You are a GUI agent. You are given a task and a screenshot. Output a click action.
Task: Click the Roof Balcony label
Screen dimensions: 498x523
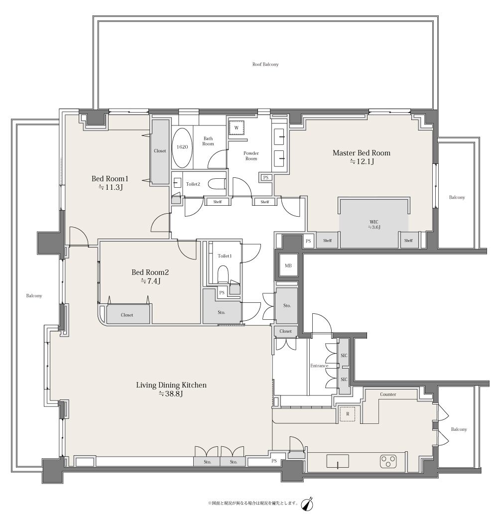pyautogui.click(x=265, y=64)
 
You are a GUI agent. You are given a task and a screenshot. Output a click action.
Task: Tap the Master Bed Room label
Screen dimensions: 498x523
pyautogui.click(x=361, y=153)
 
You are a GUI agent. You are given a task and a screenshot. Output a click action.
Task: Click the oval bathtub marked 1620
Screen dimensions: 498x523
pyautogui.click(x=182, y=148)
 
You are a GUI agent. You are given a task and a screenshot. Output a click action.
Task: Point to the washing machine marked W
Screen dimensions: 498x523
pyautogui.click(x=237, y=128)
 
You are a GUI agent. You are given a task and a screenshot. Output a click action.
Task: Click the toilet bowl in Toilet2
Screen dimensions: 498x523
pyautogui.click(x=217, y=184)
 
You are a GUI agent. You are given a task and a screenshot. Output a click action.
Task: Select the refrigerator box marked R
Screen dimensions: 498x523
pyautogui.click(x=347, y=414)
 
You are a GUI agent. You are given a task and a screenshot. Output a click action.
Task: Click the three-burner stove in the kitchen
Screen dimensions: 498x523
pyautogui.click(x=388, y=462)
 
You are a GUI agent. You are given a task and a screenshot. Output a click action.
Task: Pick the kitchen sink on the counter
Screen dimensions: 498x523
pyautogui.click(x=338, y=462)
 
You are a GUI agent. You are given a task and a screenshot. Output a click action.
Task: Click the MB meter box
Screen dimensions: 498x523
pyautogui.click(x=288, y=265)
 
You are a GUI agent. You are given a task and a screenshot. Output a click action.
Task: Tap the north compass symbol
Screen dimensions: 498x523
pyautogui.click(x=307, y=504)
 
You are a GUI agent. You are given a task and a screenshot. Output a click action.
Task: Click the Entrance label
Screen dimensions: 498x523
pyautogui.click(x=319, y=366)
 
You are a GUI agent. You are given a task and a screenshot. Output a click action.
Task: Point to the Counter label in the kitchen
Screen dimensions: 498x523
pyautogui.click(x=388, y=394)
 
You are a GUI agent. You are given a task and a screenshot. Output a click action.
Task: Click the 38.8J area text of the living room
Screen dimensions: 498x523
pyautogui.click(x=171, y=394)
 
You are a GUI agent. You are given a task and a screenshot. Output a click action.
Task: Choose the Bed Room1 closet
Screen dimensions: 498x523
pyautogui.click(x=160, y=151)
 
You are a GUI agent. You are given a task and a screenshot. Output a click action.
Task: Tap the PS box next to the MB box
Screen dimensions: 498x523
pyautogui.click(x=308, y=241)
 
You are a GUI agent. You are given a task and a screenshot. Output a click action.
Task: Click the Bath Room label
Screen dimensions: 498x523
pyautogui.click(x=208, y=141)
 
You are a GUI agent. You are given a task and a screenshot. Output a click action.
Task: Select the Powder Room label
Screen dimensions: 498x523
pyautogui.click(x=251, y=156)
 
